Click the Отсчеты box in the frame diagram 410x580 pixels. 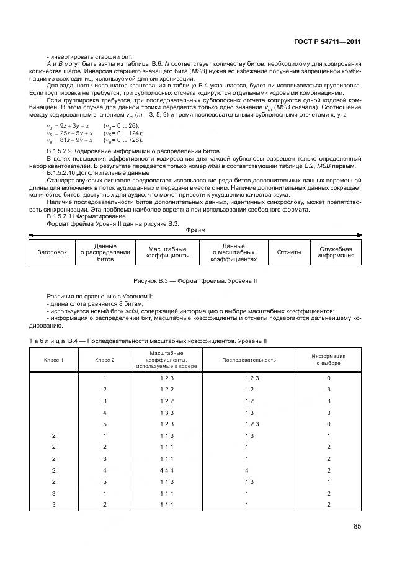click(x=289, y=252)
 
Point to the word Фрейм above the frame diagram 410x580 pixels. click(x=195, y=230)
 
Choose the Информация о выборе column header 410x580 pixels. click(x=328, y=360)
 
